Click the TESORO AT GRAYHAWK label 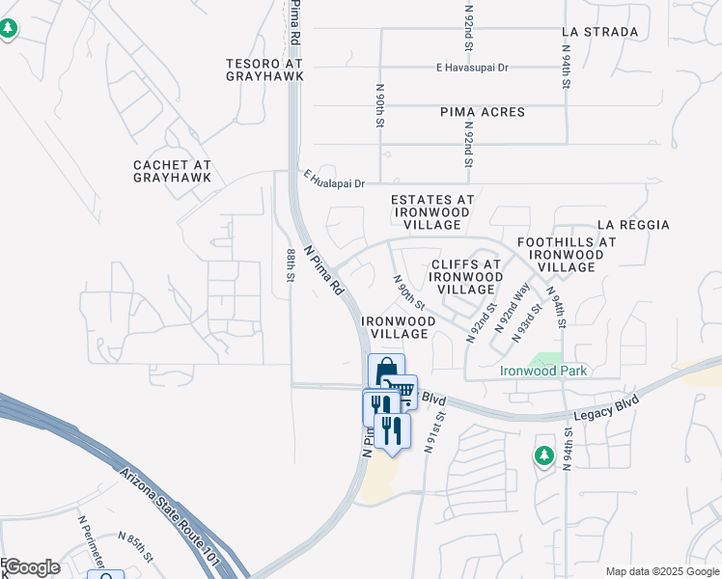(264, 69)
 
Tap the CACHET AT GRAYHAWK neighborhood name (172, 171)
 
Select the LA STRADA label (599, 32)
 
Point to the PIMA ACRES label (483, 112)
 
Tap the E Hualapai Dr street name (334, 182)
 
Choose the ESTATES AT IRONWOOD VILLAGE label (431, 212)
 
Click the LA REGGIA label (633, 225)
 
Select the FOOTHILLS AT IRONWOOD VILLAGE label (567, 254)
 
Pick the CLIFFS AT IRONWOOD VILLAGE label (465, 276)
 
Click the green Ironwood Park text (543, 371)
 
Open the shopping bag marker (386, 370)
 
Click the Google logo (32, 567)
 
